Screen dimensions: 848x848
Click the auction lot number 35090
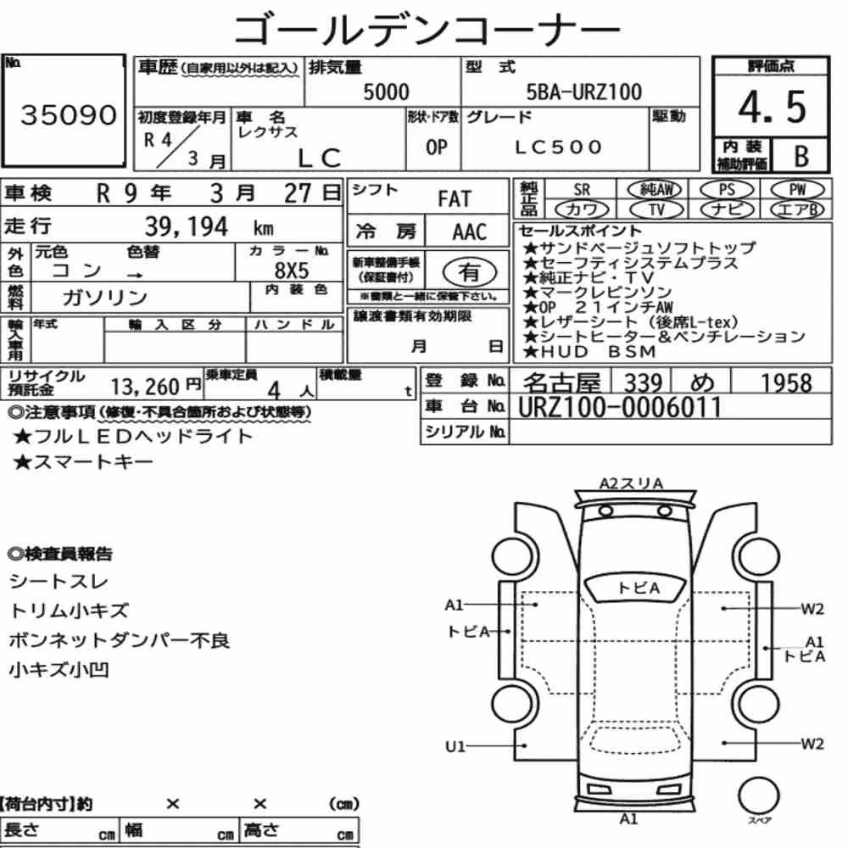(x=69, y=114)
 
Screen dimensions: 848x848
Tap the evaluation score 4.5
(x=772, y=107)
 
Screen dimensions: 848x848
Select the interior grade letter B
(x=801, y=156)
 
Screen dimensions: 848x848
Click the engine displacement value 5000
(x=386, y=92)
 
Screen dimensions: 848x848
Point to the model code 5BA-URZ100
(x=584, y=92)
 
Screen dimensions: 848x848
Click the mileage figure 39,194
(x=187, y=226)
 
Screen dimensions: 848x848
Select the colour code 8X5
(x=292, y=270)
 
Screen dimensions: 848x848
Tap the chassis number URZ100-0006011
(x=620, y=407)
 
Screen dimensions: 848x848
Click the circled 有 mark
(x=470, y=271)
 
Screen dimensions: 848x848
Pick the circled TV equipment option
(x=656, y=209)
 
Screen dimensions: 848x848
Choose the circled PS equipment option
(x=727, y=190)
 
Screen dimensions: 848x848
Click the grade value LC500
(x=558, y=147)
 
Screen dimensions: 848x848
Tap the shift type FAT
(x=455, y=199)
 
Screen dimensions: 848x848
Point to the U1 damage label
(x=455, y=746)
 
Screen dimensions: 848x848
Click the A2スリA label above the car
(x=631, y=483)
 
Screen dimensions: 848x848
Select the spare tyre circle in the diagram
(x=759, y=795)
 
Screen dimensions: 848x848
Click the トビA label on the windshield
(x=639, y=588)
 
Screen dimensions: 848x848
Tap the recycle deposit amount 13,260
(x=145, y=387)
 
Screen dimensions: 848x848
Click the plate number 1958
(x=786, y=383)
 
